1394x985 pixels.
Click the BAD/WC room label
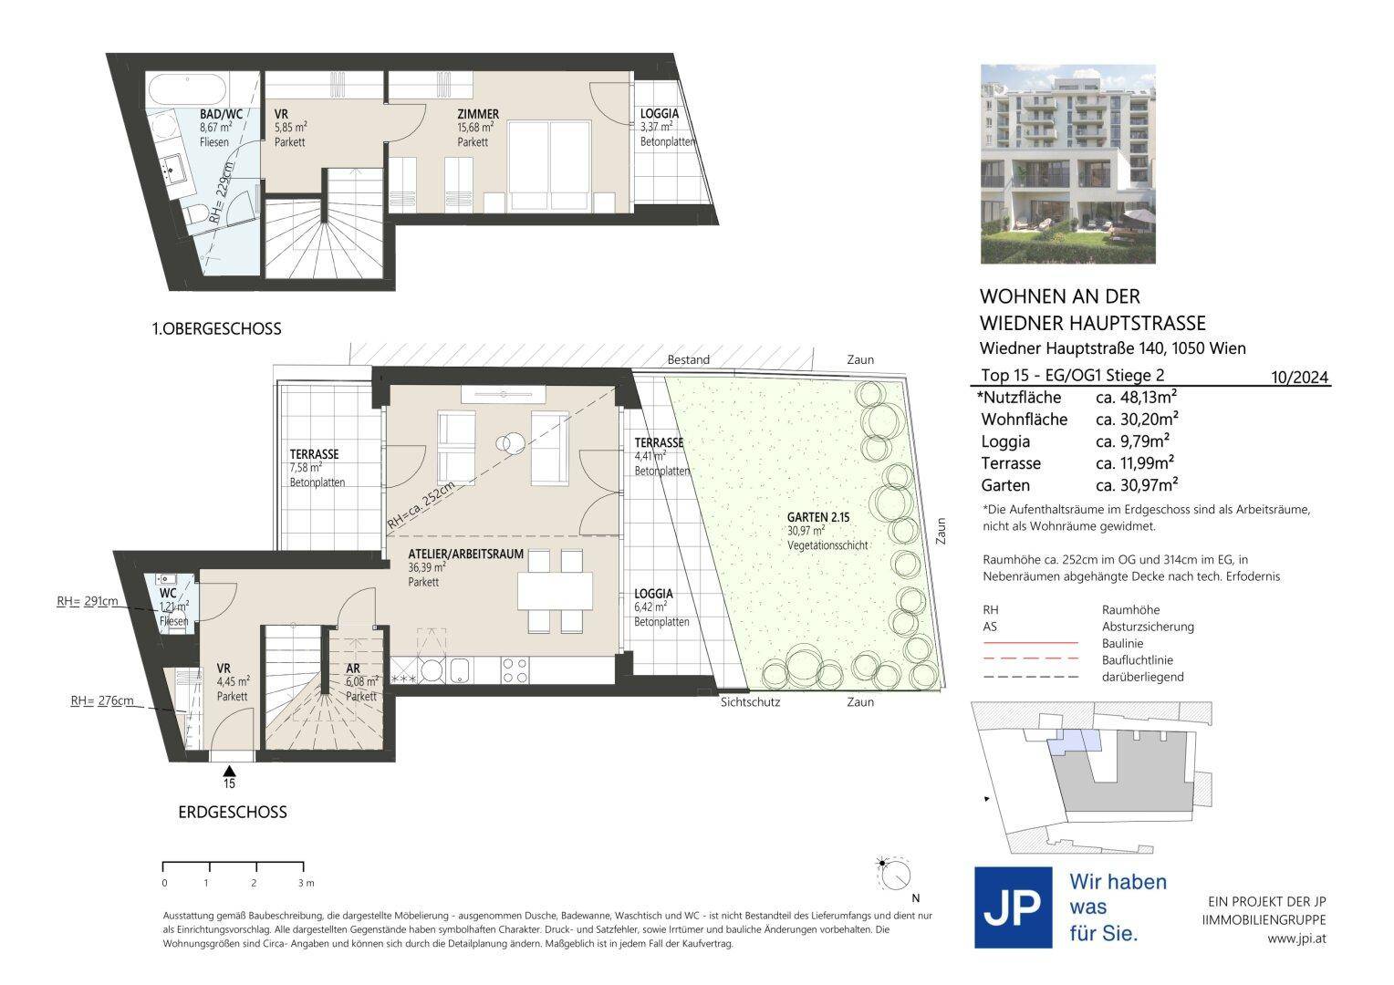[221, 114]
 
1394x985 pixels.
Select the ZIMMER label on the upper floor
[478, 114]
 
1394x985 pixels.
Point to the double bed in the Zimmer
[549, 164]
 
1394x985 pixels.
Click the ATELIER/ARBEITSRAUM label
[465, 554]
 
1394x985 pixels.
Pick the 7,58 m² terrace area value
[306, 468]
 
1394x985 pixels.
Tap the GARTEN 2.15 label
[817, 517]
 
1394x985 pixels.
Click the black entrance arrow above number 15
[229, 772]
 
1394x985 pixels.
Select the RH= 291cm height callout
[88, 601]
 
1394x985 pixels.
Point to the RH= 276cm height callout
[102, 700]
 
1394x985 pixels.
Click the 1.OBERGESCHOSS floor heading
[216, 328]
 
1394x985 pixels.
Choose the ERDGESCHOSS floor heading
[233, 812]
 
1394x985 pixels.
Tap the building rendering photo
[1068, 164]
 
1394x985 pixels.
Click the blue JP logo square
[1014, 907]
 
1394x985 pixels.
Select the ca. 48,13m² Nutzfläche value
[1137, 397]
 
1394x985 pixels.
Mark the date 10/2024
[1299, 377]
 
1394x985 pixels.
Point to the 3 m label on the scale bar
[306, 882]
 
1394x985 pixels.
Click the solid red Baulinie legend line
[1030, 642]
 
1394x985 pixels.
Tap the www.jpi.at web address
[1296, 939]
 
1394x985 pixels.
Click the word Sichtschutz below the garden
[750, 702]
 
